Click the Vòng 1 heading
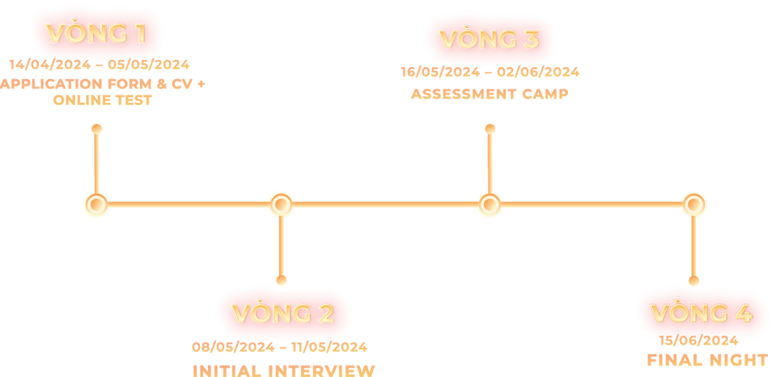pos(95,34)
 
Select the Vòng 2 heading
pos(282,313)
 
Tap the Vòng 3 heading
pos(488,39)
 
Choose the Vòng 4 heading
pos(701,313)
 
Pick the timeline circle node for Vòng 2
pos(280,204)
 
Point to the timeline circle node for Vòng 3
pos(487,204)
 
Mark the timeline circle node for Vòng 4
pos(694,204)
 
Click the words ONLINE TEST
pos(102,102)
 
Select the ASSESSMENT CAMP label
pos(490,92)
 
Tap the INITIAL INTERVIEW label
pos(284,369)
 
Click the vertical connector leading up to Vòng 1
pos(96,162)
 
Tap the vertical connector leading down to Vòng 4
pos(694,247)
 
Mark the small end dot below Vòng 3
pos(488,127)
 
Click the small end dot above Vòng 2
pos(281,280)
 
